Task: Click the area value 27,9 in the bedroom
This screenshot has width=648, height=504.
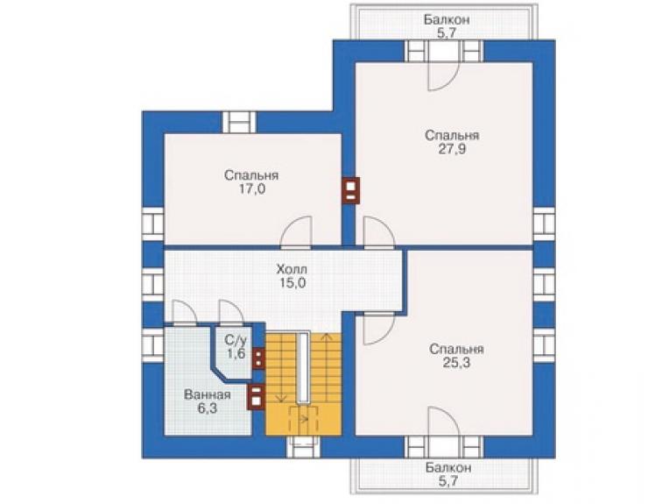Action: pyautogui.click(x=452, y=149)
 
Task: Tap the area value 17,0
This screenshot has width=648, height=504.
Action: pyautogui.click(x=251, y=189)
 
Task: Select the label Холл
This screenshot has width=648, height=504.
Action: pyautogui.click(x=292, y=269)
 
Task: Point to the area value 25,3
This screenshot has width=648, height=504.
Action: pyautogui.click(x=456, y=363)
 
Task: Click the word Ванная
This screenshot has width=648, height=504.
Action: pyautogui.click(x=208, y=394)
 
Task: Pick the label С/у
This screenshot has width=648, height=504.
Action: pyautogui.click(x=236, y=340)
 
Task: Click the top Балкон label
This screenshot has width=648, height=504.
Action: pyautogui.click(x=447, y=19)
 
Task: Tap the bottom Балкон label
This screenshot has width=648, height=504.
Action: pyautogui.click(x=448, y=467)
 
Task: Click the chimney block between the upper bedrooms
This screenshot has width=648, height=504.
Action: pyautogui.click(x=351, y=190)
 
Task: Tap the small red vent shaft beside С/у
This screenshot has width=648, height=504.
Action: pyautogui.click(x=258, y=358)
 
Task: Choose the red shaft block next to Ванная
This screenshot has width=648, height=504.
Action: pyautogui.click(x=256, y=397)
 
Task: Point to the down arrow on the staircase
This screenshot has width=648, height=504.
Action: pyautogui.click(x=280, y=369)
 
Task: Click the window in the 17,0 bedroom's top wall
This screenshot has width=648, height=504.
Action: pyautogui.click(x=240, y=123)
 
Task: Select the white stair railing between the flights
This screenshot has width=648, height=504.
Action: pyautogui.click(x=303, y=366)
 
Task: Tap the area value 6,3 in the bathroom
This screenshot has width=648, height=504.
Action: pyautogui.click(x=208, y=408)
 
